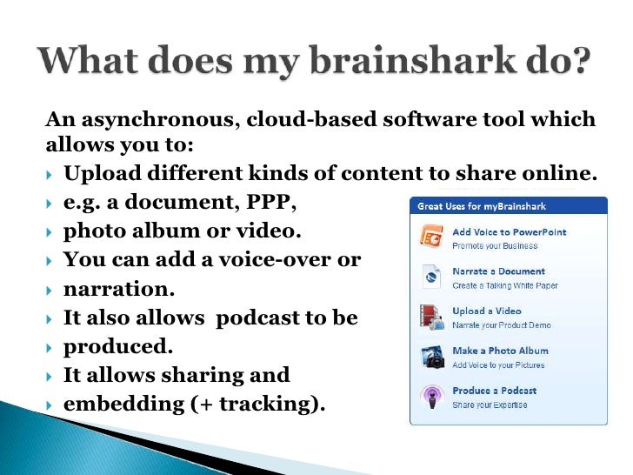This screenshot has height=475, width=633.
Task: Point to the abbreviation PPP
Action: coord(272,203)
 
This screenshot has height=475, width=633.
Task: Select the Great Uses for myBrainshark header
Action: coord(481,207)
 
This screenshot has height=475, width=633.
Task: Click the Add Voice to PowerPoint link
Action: coord(509,232)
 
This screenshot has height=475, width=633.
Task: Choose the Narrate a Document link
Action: coord(498,271)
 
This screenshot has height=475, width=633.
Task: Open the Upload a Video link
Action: coord(486,311)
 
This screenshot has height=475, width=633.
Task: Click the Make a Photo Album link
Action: coord(500,351)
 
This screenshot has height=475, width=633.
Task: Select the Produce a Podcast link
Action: coord(494,391)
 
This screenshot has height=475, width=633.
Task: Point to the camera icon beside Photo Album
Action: coord(432,357)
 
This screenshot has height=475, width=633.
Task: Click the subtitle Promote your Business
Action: coord(495,246)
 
